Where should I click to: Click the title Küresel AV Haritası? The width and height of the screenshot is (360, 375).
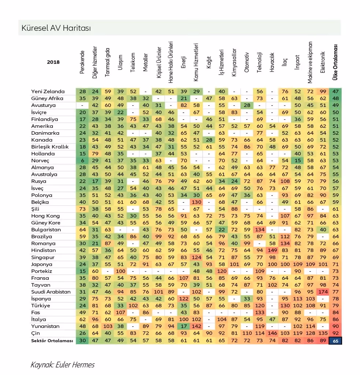(x=56, y=28)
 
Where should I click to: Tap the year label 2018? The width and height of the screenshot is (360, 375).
(x=53, y=62)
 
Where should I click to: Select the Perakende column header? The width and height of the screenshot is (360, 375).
(x=82, y=62)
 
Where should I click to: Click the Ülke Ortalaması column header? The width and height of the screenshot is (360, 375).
(x=335, y=62)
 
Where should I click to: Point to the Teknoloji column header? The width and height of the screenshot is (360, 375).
(x=260, y=62)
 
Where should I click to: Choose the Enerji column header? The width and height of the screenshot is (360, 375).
(x=183, y=62)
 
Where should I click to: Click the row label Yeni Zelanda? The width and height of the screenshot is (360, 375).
(x=48, y=91)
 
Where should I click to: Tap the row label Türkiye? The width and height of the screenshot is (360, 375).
(x=41, y=306)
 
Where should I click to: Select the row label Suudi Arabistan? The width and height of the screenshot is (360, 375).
(x=51, y=292)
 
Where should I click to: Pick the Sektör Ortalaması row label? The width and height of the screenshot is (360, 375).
(x=52, y=341)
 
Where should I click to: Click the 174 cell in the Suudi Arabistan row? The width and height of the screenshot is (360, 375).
(x=323, y=292)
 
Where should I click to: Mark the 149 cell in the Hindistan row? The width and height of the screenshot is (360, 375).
(x=272, y=250)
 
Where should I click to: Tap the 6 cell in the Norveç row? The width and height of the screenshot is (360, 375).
(x=82, y=161)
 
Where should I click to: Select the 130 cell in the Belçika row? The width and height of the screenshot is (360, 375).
(x=196, y=202)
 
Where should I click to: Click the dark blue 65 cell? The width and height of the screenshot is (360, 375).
(x=335, y=341)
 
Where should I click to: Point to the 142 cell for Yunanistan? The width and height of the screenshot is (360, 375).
(x=196, y=326)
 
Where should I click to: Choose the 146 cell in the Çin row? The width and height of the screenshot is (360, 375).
(x=272, y=333)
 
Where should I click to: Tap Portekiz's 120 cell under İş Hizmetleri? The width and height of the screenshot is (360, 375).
(x=222, y=271)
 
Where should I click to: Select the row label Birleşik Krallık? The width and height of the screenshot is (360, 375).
(x=50, y=147)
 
